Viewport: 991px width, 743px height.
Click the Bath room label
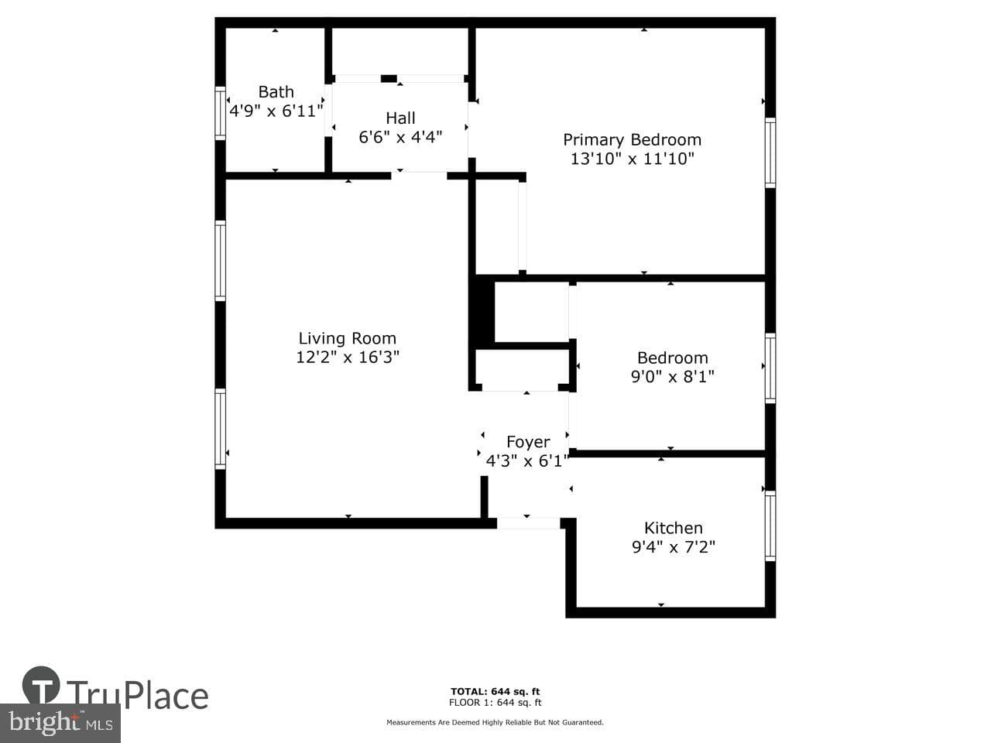[x=276, y=91]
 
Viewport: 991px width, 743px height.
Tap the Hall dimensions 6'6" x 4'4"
[x=400, y=137]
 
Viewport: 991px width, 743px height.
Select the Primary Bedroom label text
[x=632, y=140]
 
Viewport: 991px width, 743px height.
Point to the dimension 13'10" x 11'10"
[x=632, y=159]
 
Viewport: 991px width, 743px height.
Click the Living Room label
[x=347, y=338]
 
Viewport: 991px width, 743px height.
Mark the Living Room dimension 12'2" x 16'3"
[x=347, y=357]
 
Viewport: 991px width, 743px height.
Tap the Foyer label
[x=528, y=442]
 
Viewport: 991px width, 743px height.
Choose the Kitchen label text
[x=673, y=528]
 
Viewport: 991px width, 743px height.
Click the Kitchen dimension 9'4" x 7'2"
[x=673, y=546]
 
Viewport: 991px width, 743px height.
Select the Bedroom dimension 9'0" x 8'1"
[x=672, y=376]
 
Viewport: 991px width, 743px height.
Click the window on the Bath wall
[x=220, y=113]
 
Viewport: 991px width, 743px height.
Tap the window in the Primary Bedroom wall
[x=770, y=152]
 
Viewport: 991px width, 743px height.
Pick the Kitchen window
[x=770, y=526]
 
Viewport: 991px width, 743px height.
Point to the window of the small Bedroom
[x=770, y=368]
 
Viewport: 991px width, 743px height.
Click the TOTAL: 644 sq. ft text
[x=495, y=691]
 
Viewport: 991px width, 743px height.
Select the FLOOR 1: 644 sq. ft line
[x=495, y=703]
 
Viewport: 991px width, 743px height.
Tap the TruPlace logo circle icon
[x=41, y=685]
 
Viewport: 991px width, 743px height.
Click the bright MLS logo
[x=60, y=723]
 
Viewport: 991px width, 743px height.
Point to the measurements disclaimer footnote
[x=495, y=722]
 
